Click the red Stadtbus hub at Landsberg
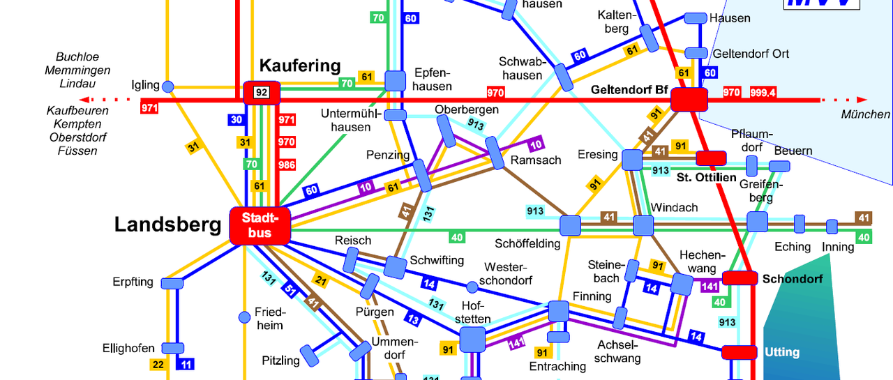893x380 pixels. (x=260, y=226)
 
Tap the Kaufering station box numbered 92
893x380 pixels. (x=261, y=92)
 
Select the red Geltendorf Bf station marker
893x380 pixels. (x=689, y=100)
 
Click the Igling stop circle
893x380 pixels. (x=167, y=86)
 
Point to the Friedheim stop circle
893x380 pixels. (x=244, y=317)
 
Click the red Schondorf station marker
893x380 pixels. (x=740, y=278)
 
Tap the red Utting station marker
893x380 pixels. (x=739, y=352)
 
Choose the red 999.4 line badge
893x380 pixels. (x=763, y=92)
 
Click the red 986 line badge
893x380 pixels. (x=287, y=165)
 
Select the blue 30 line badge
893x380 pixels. (x=237, y=120)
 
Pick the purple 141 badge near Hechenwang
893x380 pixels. (x=710, y=286)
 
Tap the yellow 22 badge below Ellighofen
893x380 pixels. (x=158, y=364)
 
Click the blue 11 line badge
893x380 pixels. (x=186, y=364)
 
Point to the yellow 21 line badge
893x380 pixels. (x=320, y=280)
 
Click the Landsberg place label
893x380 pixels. (x=167, y=225)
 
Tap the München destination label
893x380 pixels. (x=865, y=114)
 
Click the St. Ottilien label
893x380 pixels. (x=706, y=178)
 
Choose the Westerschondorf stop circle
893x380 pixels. (x=472, y=287)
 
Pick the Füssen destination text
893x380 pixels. (x=77, y=151)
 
